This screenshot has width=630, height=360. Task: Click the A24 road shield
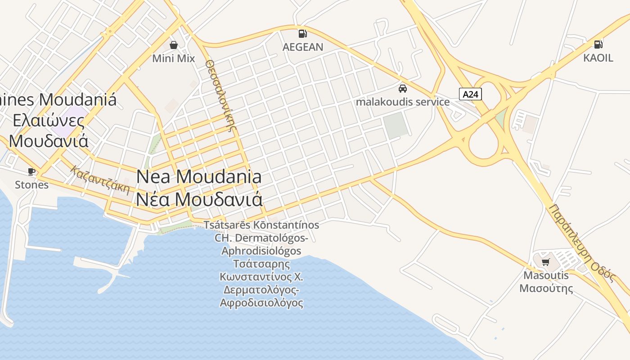coord(471,94)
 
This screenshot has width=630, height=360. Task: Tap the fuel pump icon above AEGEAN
coord(303,33)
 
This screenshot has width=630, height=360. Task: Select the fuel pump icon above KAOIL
coord(598,44)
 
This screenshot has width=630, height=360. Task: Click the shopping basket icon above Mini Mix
coord(174,45)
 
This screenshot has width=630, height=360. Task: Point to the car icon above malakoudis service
coord(403,88)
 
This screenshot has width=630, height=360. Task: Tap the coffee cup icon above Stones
coord(31,171)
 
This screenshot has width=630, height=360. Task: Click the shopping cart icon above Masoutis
coord(546,262)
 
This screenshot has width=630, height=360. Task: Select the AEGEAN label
coord(303,47)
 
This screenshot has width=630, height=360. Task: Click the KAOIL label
coord(598,58)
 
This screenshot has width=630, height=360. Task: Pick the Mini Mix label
coord(174,58)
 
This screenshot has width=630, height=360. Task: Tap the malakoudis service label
coord(403,102)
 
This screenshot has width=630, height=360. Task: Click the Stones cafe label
coord(31,184)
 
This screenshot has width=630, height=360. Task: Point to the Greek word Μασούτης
coord(546,288)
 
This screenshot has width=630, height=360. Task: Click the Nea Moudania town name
coord(199,176)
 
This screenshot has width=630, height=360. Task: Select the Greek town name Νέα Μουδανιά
coord(199,199)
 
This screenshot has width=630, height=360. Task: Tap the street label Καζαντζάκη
coord(100,180)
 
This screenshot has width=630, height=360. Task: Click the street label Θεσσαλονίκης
coord(220,95)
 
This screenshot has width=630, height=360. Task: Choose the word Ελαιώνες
coord(49,121)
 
